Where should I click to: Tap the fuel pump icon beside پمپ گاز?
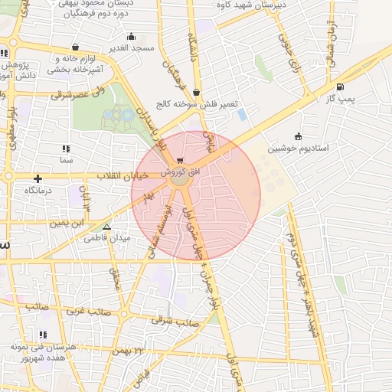pos(339,86)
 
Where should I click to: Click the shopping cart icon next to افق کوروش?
pos(180,161)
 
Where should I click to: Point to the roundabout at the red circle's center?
pos(180,181)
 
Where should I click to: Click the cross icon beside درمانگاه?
pos(38,178)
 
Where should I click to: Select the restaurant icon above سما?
pos(66,149)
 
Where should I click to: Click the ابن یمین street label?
pos(66,223)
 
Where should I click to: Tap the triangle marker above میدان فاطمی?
pos(106,227)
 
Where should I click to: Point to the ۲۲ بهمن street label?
pos(128,350)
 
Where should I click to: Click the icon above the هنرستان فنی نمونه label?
pos(43,335)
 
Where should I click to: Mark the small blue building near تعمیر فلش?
pos(243,114)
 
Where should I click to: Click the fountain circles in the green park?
pos(119,116)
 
